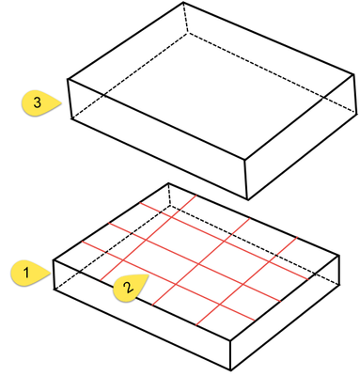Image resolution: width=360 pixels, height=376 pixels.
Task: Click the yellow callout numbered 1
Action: click(29, 274)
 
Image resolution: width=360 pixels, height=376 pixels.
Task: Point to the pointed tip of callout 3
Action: click(61, 103)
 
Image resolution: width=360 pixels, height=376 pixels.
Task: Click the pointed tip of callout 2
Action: click(148, 274)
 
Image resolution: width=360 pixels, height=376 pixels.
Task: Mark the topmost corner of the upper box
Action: click(183, 3)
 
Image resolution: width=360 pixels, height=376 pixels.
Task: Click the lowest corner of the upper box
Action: click(248, 199)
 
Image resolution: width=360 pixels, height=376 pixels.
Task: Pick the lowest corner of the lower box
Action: click(230, 370)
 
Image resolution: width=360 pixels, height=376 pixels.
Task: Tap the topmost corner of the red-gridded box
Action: click(168, 183)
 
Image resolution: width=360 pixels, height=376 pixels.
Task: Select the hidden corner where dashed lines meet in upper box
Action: click(187, 33)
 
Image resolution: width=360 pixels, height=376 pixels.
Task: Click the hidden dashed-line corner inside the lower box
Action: click(170, 206)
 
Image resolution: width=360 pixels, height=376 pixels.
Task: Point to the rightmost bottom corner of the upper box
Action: click(356, 114)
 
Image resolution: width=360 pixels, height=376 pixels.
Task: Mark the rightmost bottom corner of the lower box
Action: click(339, 285)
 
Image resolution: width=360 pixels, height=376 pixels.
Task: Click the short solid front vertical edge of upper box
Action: click(246, 180)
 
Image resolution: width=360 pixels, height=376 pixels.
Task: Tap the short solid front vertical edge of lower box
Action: click(230, 355)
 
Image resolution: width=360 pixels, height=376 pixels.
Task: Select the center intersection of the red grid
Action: click(198, 265)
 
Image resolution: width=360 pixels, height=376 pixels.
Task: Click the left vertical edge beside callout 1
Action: click(54, 274)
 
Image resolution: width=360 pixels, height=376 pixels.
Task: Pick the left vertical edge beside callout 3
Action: click(70, 99)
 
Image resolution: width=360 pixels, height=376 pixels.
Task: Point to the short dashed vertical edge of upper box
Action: click(185, 18)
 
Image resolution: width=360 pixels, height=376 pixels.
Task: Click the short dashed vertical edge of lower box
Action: click(169, 195)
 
